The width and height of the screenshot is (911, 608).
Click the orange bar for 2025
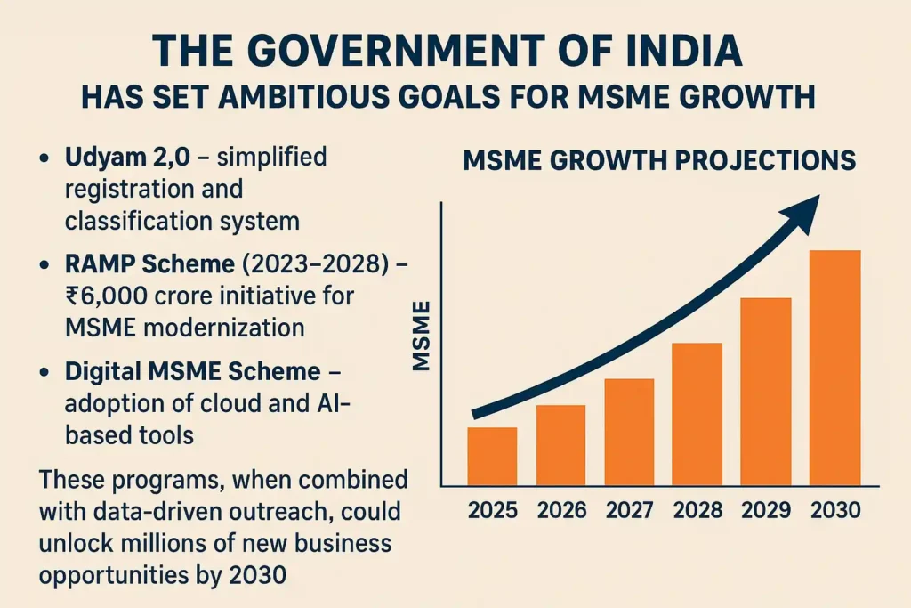(x=492, y=456)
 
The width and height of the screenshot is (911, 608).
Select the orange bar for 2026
(x=560, y=445)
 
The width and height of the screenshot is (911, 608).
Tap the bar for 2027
(x=629, y=432)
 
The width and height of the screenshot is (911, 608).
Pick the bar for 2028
(x=697, y=414)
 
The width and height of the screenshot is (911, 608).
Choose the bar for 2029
(x=766, y=391)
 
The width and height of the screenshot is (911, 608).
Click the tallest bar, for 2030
(x=835, y=368)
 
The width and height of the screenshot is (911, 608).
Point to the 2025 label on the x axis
(x=492, y=511)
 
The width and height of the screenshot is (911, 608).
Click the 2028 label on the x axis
(x=697, y=511)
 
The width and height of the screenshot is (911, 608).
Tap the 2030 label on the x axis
(x=835, y=511)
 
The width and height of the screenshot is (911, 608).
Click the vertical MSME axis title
(x=420, y=336)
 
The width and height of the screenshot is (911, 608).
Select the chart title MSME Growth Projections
(x=659, y=161)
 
